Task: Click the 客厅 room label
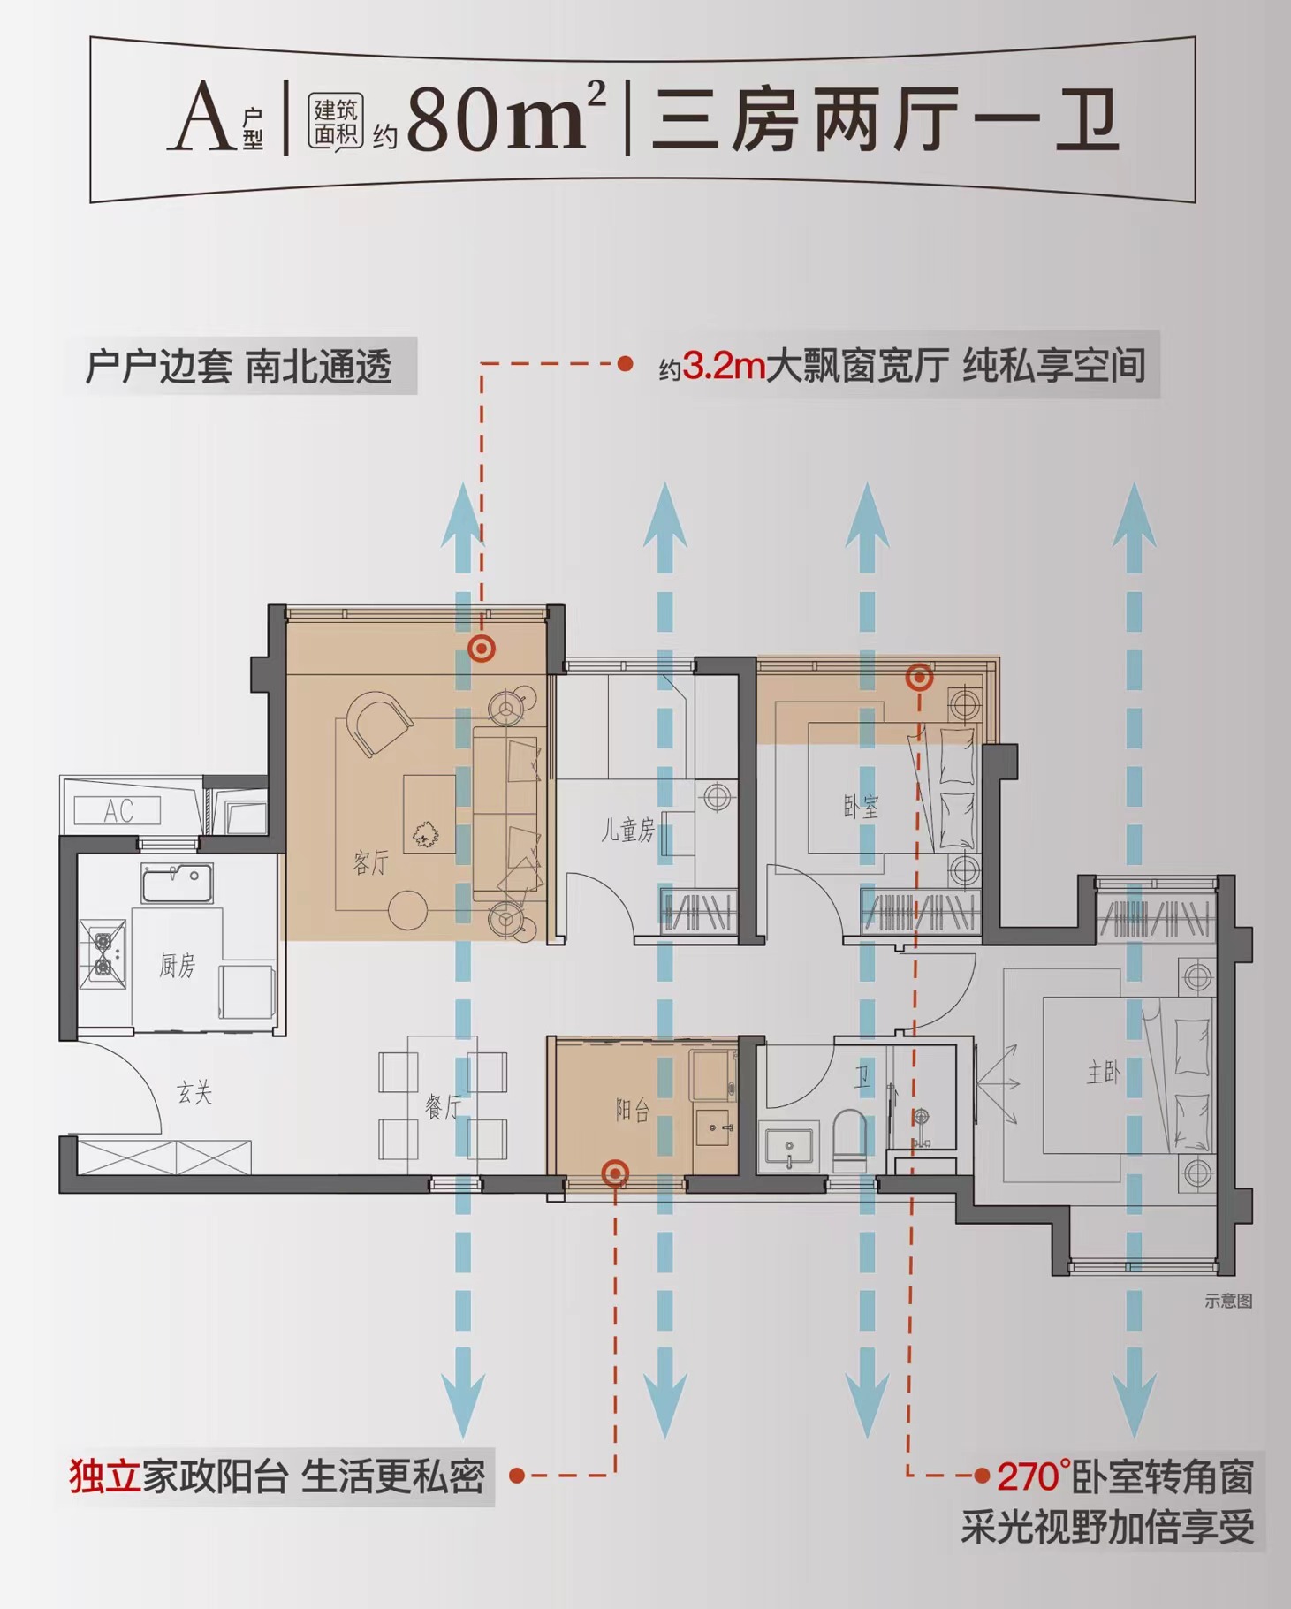click(x=370, y=862)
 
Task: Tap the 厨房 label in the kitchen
click(x=177, y=966)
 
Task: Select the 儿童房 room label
click(x=628, y=831)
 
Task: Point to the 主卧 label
click(x=1104, y=1073)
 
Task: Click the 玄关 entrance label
click(x=194, y=1093)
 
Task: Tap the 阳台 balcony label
click(x=633, y=1111)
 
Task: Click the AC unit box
click(x=118, y=810)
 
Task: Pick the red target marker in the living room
click(x=482, y=649)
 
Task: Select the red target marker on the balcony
click(x=615, y=1173)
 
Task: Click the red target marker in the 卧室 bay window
click(x=920, y=678)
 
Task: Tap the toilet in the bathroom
click(x=850, y=1140)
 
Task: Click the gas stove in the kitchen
click(x=103, y=953)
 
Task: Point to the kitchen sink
click(x=177, y=884)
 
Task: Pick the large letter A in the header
click(x=202, y=116)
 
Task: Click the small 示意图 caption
click(x=1228, y=1301)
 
